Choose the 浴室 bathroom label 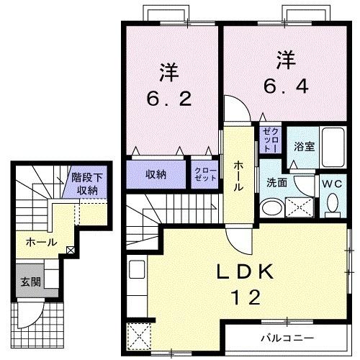(x=303, y=146)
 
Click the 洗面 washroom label (x=277, y=183)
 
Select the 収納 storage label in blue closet (x=156, y=174)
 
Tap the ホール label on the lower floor (x=41, y=242)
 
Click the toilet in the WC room (x=333, y=206)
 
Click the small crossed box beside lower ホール (x=70, y=251)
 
